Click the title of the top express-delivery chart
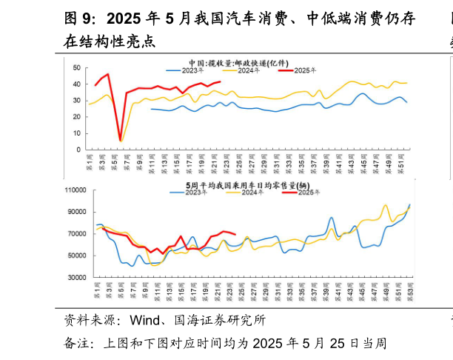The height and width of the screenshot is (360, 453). pyautogui.click(x=238, y=62)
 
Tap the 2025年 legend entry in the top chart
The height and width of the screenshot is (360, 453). pyautogui.click(x=297, y=70)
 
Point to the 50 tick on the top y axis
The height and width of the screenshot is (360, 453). pyautogui.click(x=76, y=67)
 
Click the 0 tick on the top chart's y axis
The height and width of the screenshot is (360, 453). pyautogui.click(x=78, y=149)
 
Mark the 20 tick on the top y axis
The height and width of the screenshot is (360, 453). pyautogui.click(x=76, y=116)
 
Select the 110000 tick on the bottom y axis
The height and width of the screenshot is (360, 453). pyautogui.click(x=73, y=190)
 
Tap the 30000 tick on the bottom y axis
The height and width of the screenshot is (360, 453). pyautogui.click(x=75, y=278)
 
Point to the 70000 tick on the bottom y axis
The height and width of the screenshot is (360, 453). pyautogui.click(x=75, y=234)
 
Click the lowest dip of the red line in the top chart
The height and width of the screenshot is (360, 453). pyautogui.click(x=121, y=139)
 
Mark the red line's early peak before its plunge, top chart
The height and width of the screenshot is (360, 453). pyautogui.click(x=108, y=74)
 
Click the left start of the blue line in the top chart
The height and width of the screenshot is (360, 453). pyautogui.click(x=151, y=109)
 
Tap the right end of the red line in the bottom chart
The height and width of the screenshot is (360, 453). pyautogui.click(x=235, y=235)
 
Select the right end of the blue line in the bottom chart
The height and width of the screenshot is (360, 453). pyautogui.click(x=409, y=204)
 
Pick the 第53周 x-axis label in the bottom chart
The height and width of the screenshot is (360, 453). pyautogui.click(x=409, y=291)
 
